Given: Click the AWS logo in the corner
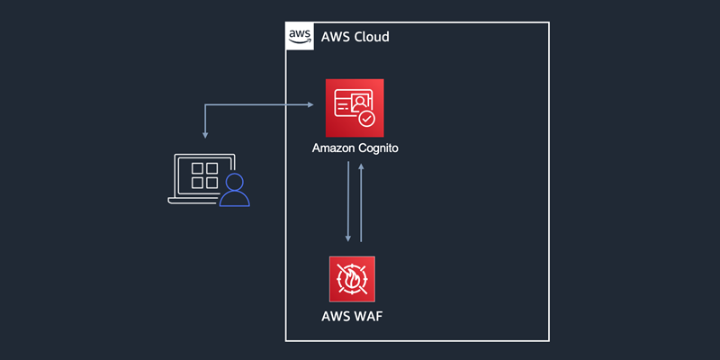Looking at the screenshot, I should [x=300, y=37].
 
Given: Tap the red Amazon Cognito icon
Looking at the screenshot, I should [x=355, y=107].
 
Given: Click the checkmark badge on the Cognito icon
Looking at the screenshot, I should [x=366, y=119].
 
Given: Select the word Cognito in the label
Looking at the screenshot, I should [x=378, y=148].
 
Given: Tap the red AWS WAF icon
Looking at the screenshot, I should [x=352, y=279].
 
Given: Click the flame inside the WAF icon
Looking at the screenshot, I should [x=352, y=280].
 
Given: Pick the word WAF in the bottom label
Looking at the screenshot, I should [x=367, y=316].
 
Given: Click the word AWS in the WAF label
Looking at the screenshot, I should [x=337, y=316].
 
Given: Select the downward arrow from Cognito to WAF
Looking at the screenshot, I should [x=347, y=202].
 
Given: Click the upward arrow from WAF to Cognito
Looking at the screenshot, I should [x=362, y=202].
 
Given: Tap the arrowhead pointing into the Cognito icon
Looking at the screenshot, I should [x=309, y=105].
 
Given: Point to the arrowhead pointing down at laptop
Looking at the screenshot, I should [x=206, y=135].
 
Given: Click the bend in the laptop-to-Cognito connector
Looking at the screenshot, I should [x=206, y=105].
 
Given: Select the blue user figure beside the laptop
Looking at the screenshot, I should [x=236, y=190].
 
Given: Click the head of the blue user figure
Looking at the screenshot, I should [x=236, y=182].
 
